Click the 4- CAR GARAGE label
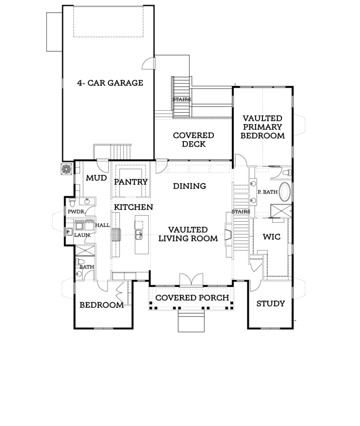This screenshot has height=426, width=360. [110, 83]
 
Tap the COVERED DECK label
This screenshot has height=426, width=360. [194, 139]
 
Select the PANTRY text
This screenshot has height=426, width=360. [131, 182]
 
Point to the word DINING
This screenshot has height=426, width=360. [190, 186]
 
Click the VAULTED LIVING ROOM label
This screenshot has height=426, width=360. [188, 234]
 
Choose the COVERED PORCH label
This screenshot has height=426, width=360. [192, 298]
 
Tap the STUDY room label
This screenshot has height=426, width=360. [271, 303]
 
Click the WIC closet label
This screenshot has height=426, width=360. [272, 237]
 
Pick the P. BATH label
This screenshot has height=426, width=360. [268, 192]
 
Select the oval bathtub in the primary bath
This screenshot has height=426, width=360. [285, 191]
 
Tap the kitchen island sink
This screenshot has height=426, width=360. [139, 235]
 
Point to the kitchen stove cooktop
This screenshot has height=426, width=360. [116, 235]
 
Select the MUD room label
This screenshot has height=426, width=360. [96, 178]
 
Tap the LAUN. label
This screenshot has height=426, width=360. [83, 235]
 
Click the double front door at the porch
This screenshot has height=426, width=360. [191, 280]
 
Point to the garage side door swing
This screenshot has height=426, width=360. [148, 63]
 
